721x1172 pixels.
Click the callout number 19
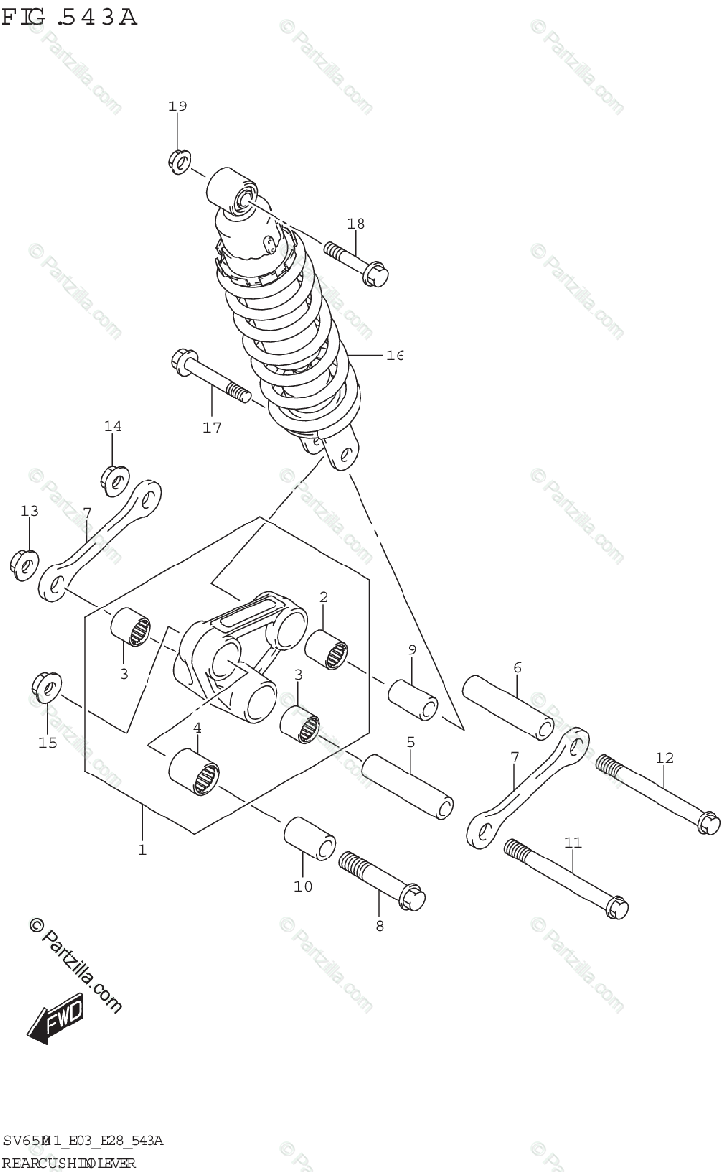pyautogui.click(x=176, y=105)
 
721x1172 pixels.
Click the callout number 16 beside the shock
pyautogui.click(x=394, y=356)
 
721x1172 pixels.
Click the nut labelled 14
pyautogui.click(x=114, y=480)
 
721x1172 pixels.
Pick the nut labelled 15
pyautogui.click(x=45, y=688)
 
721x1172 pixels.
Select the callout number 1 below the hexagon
pyautogui.click(x=142, y=850)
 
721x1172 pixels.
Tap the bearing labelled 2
pyautogui.click(x=328, y=649)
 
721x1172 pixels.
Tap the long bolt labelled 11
pyautogui.click(x=567, y=881)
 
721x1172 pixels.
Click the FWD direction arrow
pyautogui.click(x=57, y=1018)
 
